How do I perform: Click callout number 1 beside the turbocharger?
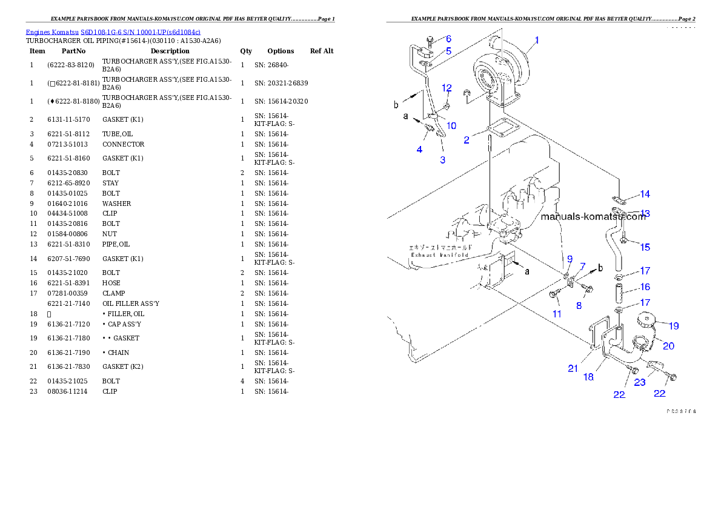[x=536, y=41]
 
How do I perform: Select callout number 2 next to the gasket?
[x=467, y=140]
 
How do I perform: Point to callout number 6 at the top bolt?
[x=448, y=38]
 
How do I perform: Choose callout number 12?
[x=447, y=88]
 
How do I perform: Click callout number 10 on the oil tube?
[x=451, y=125]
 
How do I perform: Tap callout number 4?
[x=419, y=148]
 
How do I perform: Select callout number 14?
[x=645, y=194]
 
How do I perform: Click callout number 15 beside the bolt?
[x=645, y=247]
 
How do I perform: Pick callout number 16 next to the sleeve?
[x=645, y=286]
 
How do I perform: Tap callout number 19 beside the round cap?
[x=673, y=325]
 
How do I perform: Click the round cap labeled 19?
[x=648, y=319]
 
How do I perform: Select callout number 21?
[x=573, y=368]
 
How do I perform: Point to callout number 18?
[x=588, y=377]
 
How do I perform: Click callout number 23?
[x=640, y=382]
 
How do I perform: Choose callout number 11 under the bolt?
[x=556, y=314]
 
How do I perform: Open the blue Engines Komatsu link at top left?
[x=113, y=31]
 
